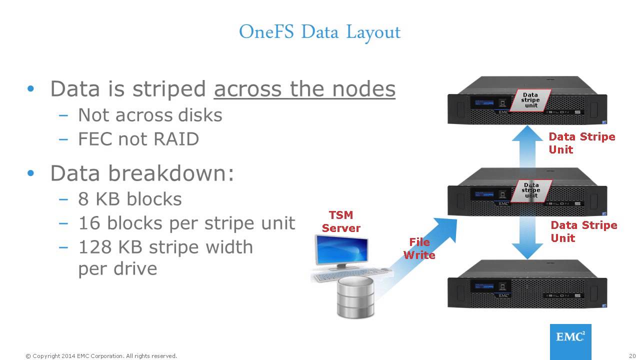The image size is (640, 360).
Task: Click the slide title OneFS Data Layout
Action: click(x=319, y=32)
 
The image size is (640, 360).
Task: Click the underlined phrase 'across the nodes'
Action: click(x=304, y=89)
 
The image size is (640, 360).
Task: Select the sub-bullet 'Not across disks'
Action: click(x=150, y=115)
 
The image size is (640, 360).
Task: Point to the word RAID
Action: click(x=176, y=139)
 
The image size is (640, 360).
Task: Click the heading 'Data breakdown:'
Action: click(x=142, y=173)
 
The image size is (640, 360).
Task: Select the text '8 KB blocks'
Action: click(x=130, y=199)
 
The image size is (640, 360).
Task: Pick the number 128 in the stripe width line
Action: click(x=94, y=247)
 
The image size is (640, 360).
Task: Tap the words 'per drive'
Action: click(x=117, y=269)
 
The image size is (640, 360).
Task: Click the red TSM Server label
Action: click(x=341, y=221)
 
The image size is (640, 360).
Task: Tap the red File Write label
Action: click(x=419, y=248)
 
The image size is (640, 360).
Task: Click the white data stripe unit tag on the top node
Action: click(x=530, y=100)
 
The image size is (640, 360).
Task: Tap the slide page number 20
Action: click(x=631, y=356)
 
